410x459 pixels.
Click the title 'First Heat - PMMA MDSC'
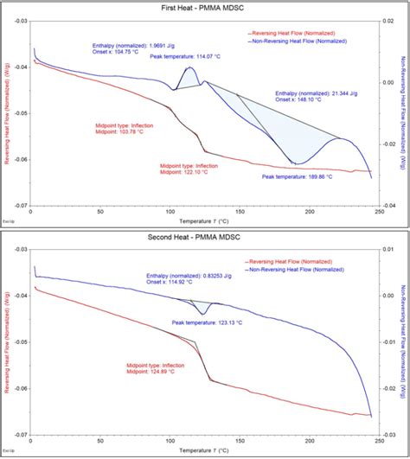pyautogui.click(x=205, y=6)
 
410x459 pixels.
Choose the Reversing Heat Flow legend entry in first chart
pyautogui.click(x=297, y=33)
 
